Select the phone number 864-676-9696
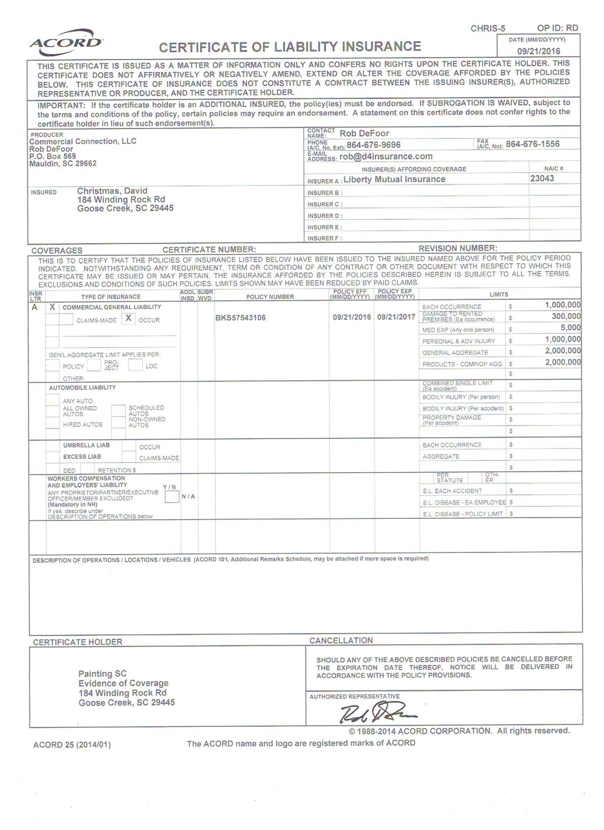tap(373, 145)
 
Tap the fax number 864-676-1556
tap(533, 144)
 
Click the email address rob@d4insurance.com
tap(386, 157)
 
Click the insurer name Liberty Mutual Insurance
tap(394, 179)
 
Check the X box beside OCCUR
tap(129, 319)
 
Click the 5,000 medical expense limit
tap(570, 328)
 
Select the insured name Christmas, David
tap(112, 191)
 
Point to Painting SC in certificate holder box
tap(103, 674)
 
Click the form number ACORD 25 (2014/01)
tap(71, 745)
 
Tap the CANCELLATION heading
tap(341, 640)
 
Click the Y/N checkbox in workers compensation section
tap(172, 497)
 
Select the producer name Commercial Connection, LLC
tap(83, 141)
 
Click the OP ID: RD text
tap(557, 28)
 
